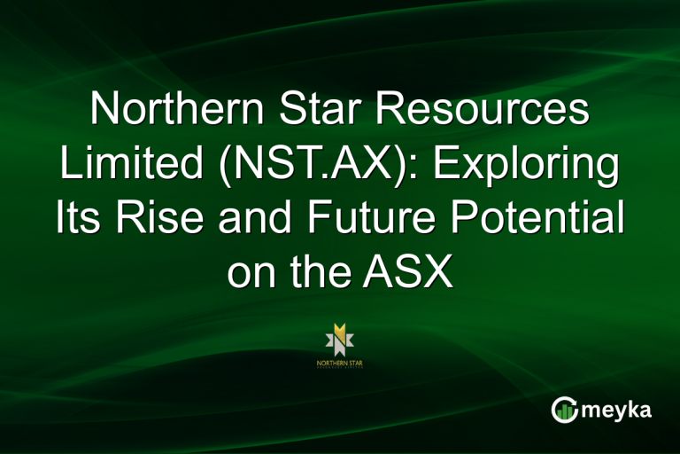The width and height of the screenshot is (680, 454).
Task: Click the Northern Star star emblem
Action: pyautogui.click(x=340, y=338)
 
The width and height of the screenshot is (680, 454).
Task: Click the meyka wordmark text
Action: pyautogui.click(x=617, y=411)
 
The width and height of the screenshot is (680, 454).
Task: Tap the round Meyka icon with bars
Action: pyautogui.click(x=564, y=410)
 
